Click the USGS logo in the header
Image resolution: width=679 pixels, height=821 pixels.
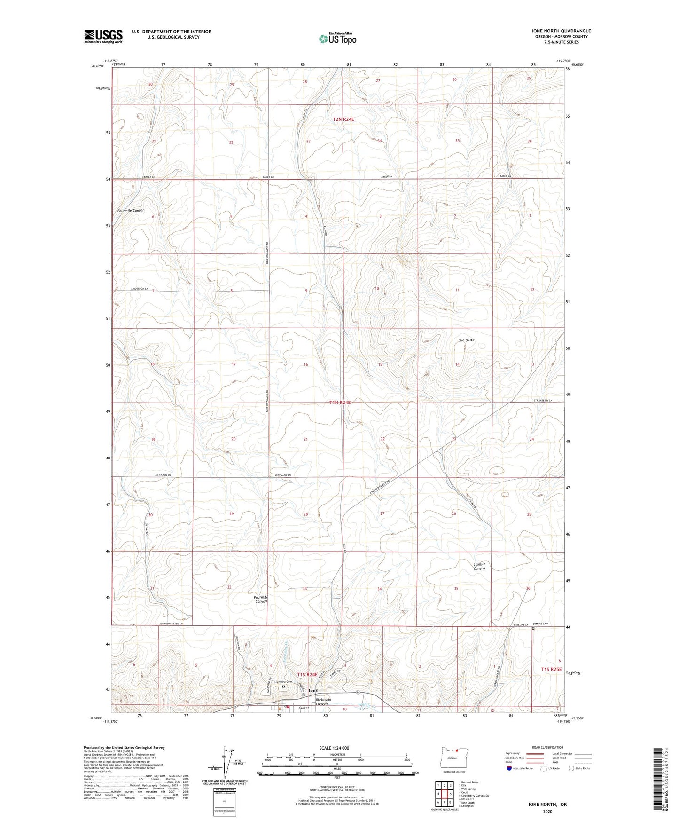pos(103,36)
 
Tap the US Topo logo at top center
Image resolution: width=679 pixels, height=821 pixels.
pos(337,39)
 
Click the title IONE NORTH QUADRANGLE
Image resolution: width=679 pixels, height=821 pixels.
pos(558,31)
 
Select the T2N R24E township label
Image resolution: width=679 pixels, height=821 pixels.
pos(343,119)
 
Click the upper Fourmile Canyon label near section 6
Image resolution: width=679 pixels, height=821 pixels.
pos(131,210)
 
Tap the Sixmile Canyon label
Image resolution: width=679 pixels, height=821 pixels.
pos(479,566)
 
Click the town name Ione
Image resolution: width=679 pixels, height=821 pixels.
pos(313,690)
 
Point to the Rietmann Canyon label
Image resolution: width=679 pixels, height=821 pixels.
pos(323,702)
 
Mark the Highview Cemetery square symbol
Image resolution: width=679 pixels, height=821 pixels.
pos(283,687)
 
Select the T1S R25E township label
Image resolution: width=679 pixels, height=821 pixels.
pos(551,669)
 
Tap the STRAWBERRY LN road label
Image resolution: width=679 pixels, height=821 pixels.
pos(543,401)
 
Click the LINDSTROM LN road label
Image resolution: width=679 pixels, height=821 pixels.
pos(140,289)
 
